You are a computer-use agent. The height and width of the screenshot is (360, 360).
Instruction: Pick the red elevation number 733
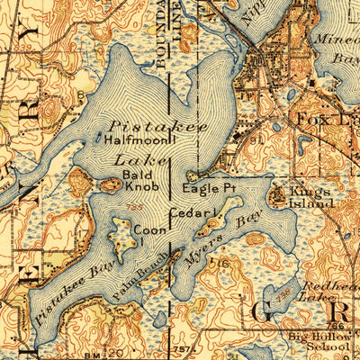(134, 207)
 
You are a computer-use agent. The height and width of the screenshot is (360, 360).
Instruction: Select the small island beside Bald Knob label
(111, 185)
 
